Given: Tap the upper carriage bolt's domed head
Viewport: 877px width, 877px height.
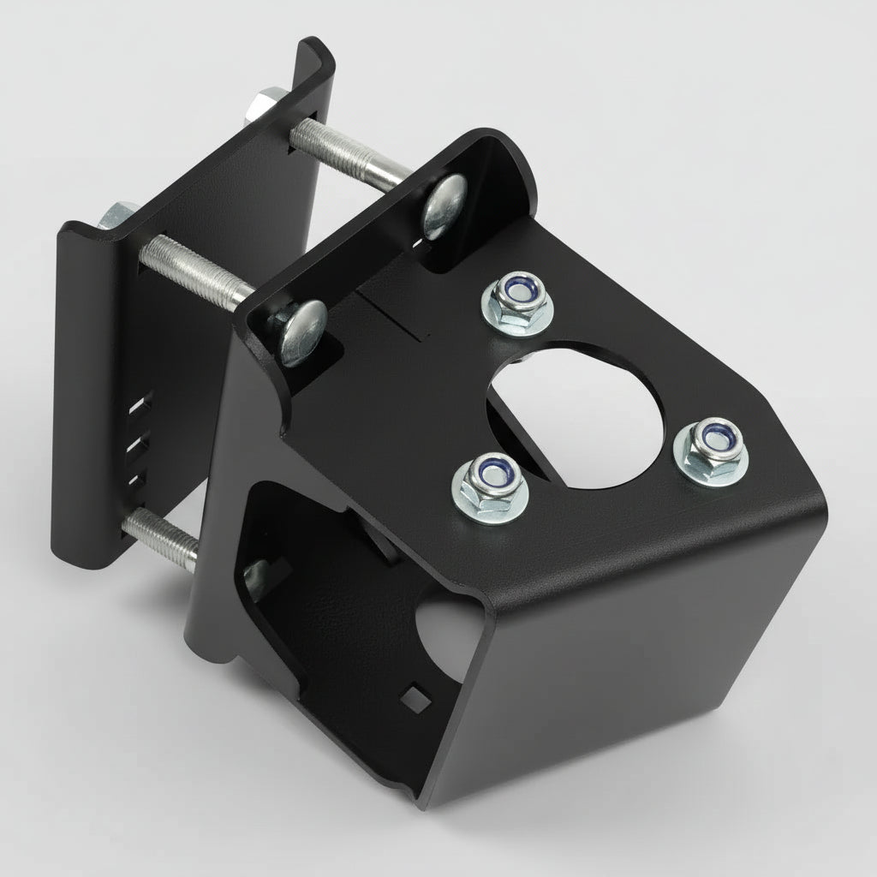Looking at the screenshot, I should tap(446, 206).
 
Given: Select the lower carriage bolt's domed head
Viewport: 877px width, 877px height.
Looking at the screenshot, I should tap(299, 332).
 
